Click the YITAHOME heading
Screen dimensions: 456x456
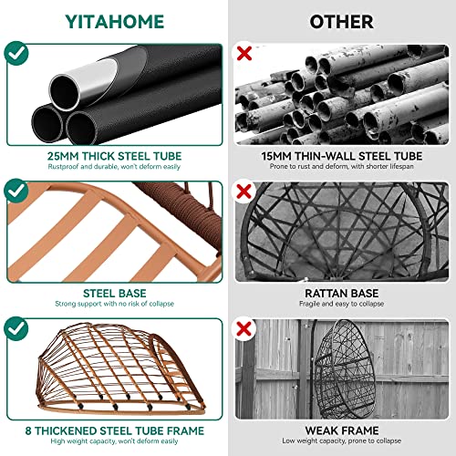[x=115, y=22]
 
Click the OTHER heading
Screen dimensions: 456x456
[x=341, y=22]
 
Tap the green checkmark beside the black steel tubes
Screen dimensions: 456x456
[x=16, y=53]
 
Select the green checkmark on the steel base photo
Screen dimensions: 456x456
[x=16, y=191]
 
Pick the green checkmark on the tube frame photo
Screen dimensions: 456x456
[x=16, y=328]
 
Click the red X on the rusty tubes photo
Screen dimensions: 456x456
[x=244, y=54]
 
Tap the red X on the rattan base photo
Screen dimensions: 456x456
[x=244, y=192]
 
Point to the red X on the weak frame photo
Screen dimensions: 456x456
[x=244, y=329]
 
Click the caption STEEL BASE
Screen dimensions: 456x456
[x=115, y=294]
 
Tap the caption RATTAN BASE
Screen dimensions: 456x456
[x=342, y=294]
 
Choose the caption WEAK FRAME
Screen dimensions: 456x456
[x=342, y=430]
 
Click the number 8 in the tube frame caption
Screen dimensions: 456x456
[x=28, y=430]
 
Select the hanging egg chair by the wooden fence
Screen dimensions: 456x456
[x=345, y=369]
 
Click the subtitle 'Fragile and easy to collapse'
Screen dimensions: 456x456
[x=341, y=304]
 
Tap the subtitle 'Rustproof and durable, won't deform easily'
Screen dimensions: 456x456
[x=114, y=167]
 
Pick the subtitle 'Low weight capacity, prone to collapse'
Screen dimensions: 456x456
[x=342, y=440]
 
